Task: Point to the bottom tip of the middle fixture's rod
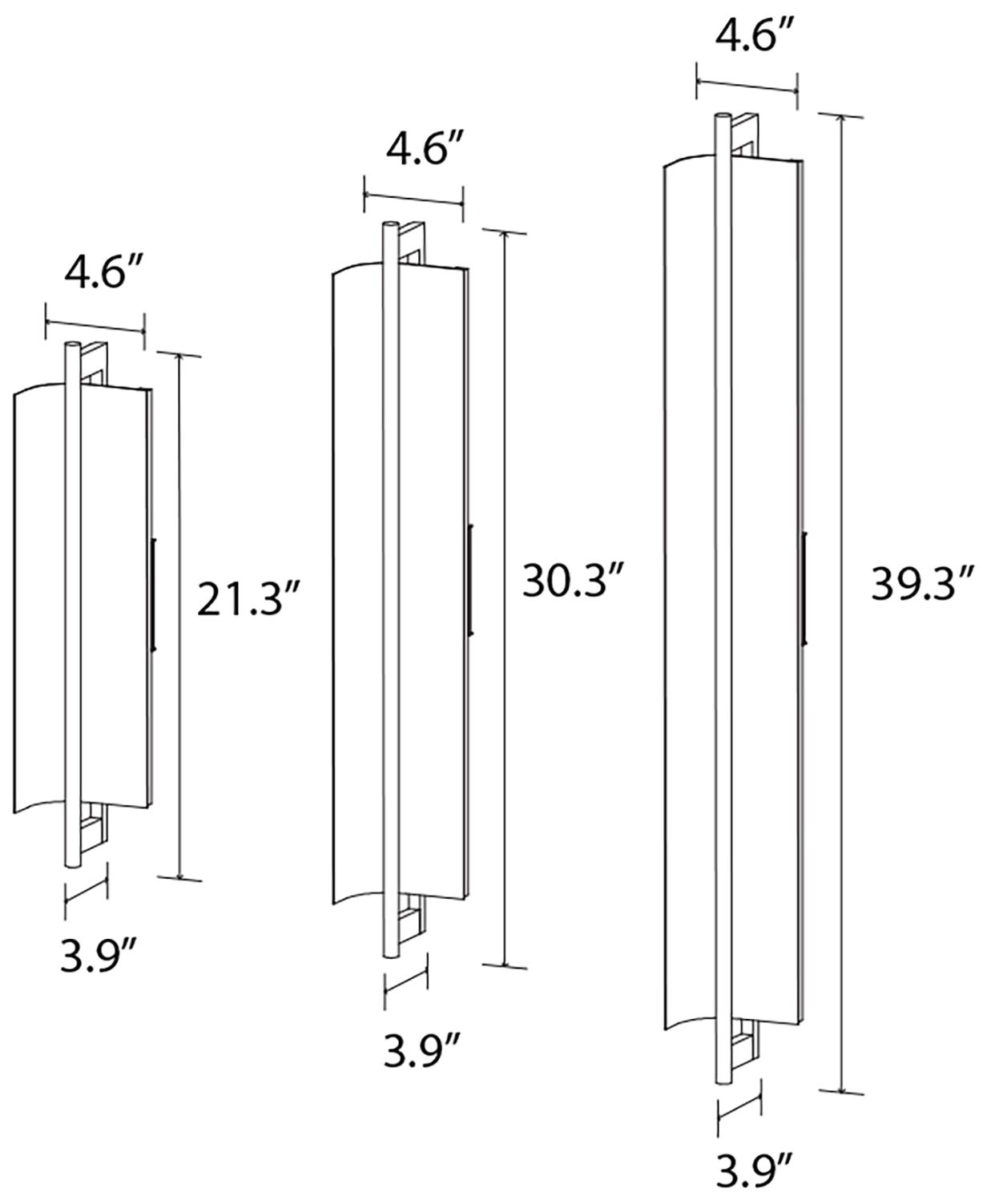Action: [x=392, y=953]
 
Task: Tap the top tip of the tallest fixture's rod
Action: [x=722, y=117]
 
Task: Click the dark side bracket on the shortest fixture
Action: [x=153, y=594]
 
